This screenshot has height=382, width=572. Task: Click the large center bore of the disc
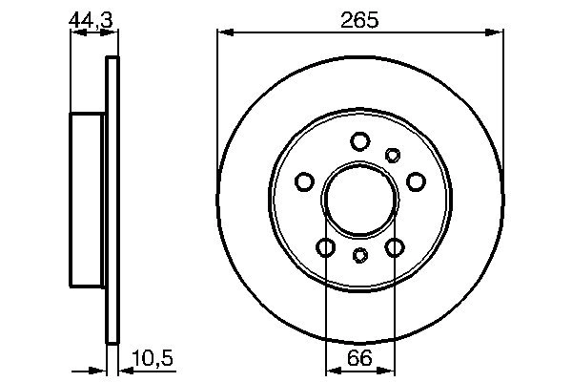(x=359, y=201)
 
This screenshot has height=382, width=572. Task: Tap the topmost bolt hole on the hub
(x=359, y=142)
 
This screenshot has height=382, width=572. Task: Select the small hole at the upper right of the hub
(x=393, y=155)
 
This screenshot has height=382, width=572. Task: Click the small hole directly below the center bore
(x=359, y=255)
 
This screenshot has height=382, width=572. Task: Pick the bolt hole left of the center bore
(x=305, y=181)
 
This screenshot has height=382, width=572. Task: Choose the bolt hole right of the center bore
(x=415, y=181)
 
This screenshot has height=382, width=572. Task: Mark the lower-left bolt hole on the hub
(x=326, y=247)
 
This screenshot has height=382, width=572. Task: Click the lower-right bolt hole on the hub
(x=395, y=247)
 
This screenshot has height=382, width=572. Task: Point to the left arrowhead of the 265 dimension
(x=224, y=32)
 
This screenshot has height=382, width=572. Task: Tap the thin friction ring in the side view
(x=113, y=201)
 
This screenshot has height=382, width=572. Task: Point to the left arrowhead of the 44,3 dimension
(x=76, y=32)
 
